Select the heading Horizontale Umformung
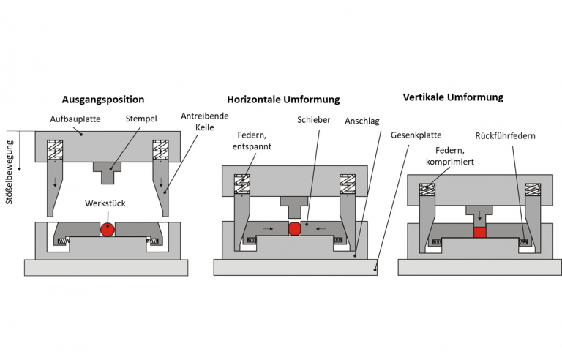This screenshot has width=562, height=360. [283, 100]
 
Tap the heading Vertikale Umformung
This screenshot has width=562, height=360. [453, 97]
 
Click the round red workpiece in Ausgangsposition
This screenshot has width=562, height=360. [108, 229]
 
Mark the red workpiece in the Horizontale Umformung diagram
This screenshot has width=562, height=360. [295, 229]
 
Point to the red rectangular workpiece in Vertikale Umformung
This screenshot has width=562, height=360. [480, 232]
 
